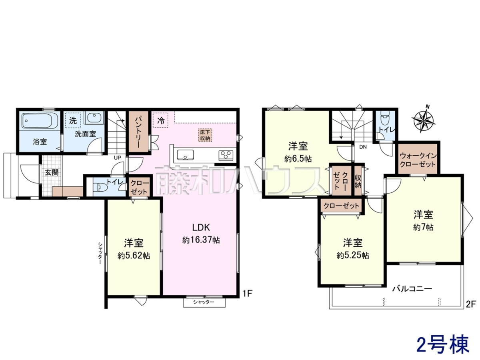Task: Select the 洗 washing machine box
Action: [73, 120]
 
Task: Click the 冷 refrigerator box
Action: [161, 120]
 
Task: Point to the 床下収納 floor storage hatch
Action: [205, 135]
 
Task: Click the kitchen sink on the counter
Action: [185, 155]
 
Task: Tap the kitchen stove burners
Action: [226, 155]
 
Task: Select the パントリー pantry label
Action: [138, 132]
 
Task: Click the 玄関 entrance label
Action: [52, 172]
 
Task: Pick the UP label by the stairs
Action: [118, 158]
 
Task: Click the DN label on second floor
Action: [363, 147]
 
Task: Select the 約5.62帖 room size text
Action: [134, 256]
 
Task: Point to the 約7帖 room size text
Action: [423, 228]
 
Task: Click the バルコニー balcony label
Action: [412, 289]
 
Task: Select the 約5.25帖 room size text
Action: [353, 256]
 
